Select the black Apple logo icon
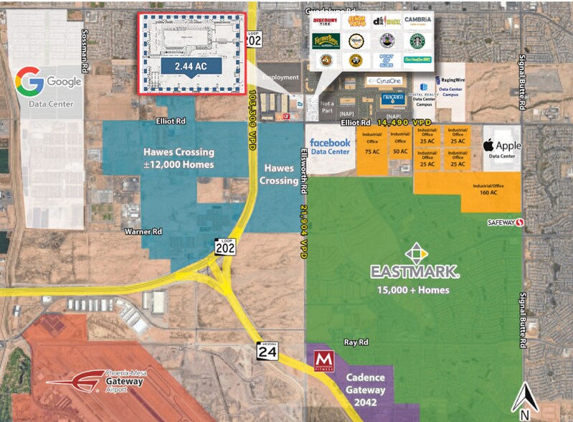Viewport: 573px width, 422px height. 491,145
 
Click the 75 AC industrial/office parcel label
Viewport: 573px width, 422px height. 372,151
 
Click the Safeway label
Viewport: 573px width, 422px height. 501,222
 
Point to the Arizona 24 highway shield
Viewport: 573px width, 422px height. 266,352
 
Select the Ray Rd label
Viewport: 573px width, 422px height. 356,343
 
